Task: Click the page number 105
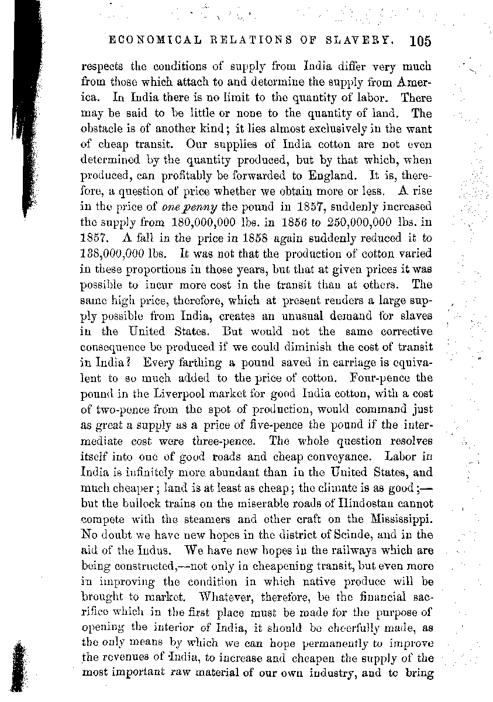click(x=420, y=41)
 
